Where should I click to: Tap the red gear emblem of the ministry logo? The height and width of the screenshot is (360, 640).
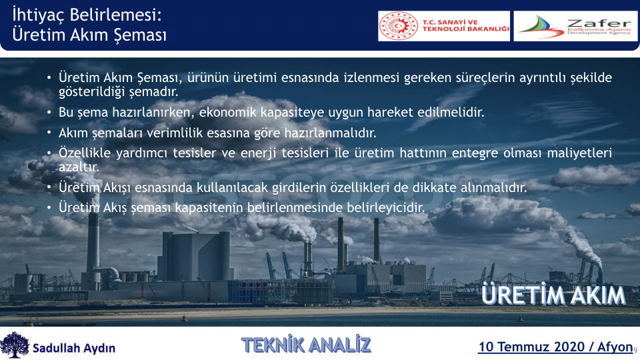[399, 26]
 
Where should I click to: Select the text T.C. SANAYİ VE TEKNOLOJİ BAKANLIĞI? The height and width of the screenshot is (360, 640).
[466, 26]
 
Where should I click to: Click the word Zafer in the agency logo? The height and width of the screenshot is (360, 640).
[599, 23]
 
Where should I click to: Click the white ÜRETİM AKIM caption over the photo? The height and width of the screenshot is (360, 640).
[553, 295]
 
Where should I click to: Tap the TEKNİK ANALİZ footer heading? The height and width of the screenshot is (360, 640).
[306, 345]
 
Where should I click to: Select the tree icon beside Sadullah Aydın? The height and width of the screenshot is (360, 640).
[15, 345]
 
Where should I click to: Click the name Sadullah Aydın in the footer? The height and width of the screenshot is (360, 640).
[74, 348]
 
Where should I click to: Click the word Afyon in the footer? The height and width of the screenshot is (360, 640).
[615, 347]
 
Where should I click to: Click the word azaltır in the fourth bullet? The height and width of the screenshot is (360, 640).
[79, 167]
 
